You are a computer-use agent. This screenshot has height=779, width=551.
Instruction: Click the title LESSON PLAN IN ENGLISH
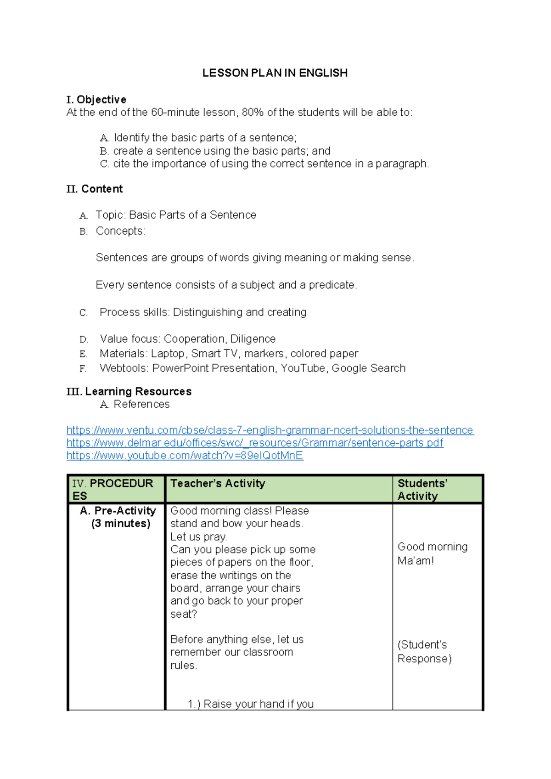tap(275, 73)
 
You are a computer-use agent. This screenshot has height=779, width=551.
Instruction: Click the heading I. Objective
tap(96, 100)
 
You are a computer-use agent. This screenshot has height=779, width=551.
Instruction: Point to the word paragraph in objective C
tap(402, 164)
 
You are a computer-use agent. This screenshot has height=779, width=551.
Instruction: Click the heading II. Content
tap(94, 189)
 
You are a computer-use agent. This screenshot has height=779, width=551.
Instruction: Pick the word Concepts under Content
tap(120, 231)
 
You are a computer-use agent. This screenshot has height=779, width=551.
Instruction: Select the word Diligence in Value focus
tap(253, 339)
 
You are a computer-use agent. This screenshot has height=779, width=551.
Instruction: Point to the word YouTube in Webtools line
tap(303, 368)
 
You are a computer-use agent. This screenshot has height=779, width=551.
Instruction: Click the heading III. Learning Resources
tap(129, 392)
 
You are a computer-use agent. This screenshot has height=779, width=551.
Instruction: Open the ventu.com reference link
tap(270, 430)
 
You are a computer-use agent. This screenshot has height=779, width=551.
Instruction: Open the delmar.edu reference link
tap(255, 443)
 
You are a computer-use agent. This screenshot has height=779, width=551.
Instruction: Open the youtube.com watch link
tap(185, 456)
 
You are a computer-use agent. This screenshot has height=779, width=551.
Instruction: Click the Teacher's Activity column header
tap(218, 484)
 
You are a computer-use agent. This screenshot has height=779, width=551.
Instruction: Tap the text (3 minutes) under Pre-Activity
tap(121, 524)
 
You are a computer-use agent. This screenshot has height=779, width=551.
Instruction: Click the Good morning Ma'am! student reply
tap(432, 553)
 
